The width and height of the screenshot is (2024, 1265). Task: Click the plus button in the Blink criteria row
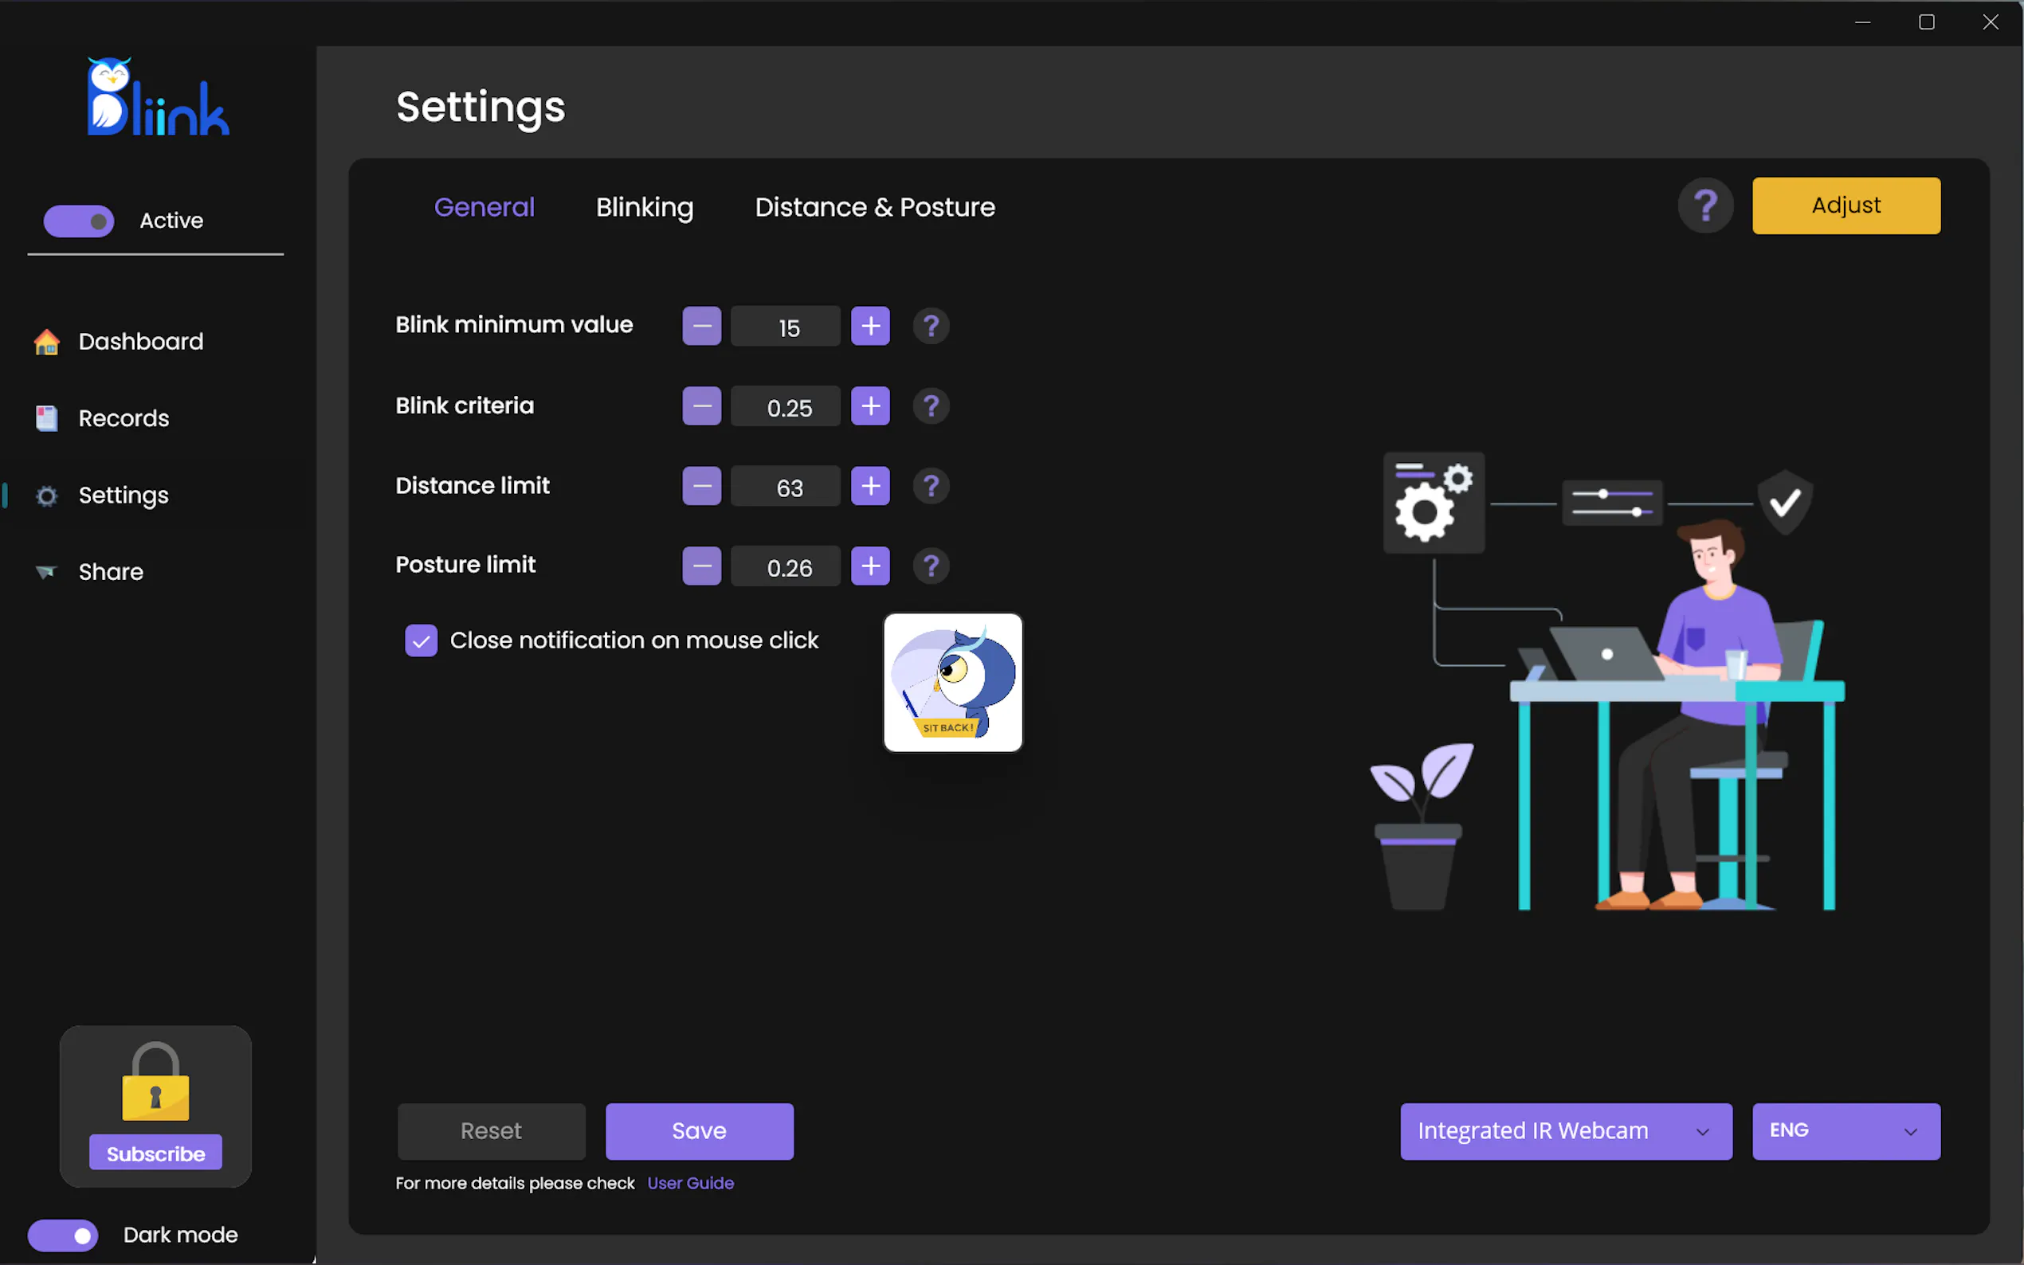[870, 405]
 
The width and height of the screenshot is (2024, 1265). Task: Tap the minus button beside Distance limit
[701, 486]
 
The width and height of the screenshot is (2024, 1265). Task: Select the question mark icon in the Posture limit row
[931, 566]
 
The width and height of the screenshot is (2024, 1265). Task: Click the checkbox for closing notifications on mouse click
[421, 641]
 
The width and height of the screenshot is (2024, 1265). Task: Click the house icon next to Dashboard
[47, 342]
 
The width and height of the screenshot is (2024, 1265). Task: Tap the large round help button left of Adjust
[1705, 205]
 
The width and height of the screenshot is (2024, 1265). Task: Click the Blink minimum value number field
[785, 327]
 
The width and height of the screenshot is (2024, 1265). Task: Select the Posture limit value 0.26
[789, 568]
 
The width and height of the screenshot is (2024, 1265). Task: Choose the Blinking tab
[645, 207]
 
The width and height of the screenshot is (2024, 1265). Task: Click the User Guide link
[690, 1183]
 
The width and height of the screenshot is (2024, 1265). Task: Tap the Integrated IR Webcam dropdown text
[1533, 1131]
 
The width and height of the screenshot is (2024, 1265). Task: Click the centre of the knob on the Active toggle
[99, 221]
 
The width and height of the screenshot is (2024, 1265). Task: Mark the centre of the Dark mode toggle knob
[82, 1236]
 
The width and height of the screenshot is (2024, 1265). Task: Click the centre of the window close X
[1991, 22]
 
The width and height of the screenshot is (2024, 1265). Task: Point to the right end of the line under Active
[284, 254]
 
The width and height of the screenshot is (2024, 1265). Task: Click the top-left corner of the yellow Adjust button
[1753, 178]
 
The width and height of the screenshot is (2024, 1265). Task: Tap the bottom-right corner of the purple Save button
[794, 1161]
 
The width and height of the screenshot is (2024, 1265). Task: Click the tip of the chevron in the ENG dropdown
[1910, 1135]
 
